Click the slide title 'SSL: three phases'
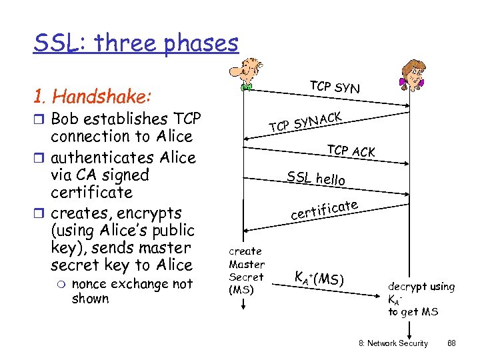coord(136,43)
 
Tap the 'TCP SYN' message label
coord(334,87)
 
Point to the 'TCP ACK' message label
coord(351,151)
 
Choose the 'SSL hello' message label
coord(316,178)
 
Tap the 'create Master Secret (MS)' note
coord(246,270)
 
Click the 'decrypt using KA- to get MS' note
coord(421,299)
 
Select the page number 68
coord(451,343)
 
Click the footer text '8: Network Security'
coord(393,343)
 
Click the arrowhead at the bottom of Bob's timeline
coord(244,306)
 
